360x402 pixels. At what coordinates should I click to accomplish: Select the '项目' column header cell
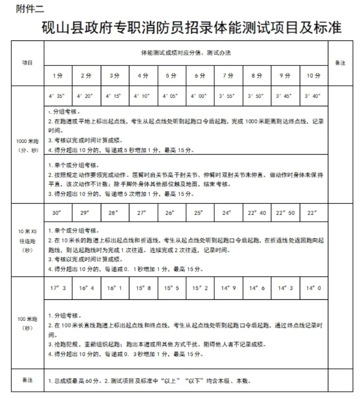click(27, 63)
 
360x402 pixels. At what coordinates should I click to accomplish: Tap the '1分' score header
click(58, 76)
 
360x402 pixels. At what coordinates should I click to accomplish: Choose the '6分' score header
click(200, 76)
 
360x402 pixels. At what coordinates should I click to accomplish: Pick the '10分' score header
click(313, 76)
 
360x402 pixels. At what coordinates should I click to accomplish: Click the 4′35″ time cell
click(58, 96)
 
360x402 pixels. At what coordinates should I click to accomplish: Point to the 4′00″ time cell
click(200, 96)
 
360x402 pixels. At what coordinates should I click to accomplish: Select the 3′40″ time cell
click(313, 96)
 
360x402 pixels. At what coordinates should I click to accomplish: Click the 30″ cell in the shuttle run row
click(58, 212)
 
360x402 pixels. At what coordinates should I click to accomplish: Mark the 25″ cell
click(200, 212)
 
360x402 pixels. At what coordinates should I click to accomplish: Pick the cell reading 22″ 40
click(257, 212)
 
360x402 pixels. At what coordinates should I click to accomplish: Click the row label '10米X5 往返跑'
click(27, 241)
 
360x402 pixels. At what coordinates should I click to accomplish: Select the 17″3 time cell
click(58, 288)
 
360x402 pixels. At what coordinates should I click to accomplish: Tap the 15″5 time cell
click(171, 288)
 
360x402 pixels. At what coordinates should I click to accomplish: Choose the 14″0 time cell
click(313, 288)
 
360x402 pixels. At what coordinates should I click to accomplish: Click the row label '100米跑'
click(27, 323)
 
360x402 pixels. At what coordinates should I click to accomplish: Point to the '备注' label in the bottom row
click(27, 381)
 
